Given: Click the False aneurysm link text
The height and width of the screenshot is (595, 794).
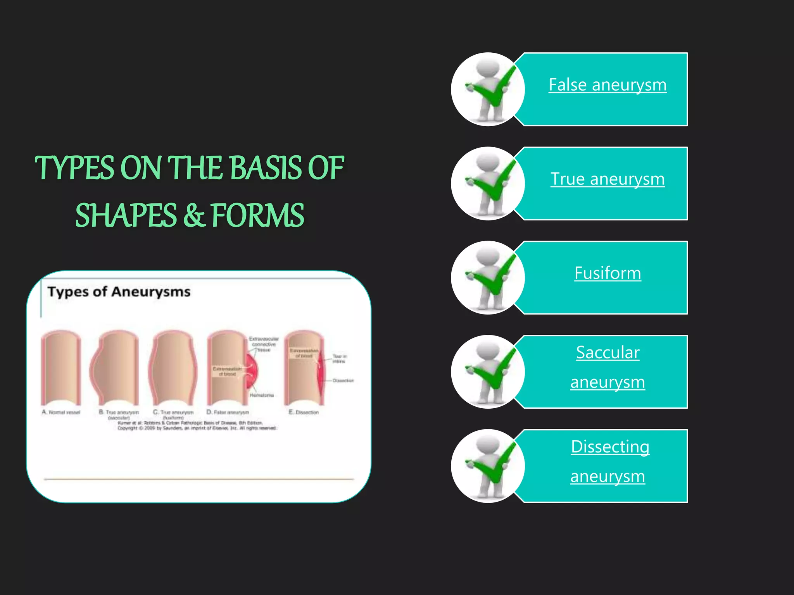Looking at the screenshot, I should (608, 85).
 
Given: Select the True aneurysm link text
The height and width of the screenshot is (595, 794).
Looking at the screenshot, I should (608, 179).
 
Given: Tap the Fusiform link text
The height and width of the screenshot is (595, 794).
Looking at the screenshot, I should (608, 273).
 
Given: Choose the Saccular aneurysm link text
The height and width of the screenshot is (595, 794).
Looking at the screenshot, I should (608, 367).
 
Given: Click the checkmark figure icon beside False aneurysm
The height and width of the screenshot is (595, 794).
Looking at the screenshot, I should (488, 89).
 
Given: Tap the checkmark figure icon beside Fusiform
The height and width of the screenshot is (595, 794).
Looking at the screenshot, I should (488, 278).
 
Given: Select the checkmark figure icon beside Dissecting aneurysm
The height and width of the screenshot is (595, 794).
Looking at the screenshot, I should (488, 466).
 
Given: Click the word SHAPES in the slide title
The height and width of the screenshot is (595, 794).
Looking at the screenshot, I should (126, 216).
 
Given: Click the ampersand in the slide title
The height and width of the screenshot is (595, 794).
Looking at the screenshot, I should (194, 216).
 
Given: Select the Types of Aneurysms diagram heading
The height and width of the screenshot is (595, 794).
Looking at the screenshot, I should (119, 292).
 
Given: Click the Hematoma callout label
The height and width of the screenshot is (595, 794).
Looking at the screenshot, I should (262, 395).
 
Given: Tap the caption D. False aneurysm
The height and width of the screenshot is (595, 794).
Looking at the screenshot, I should (228, 413).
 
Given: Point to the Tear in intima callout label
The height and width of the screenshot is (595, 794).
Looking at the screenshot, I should (339, 359).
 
